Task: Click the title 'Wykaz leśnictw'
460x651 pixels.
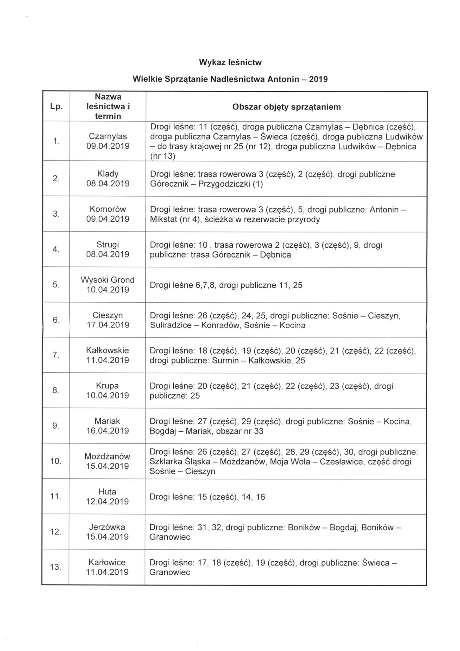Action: tap(230, 62)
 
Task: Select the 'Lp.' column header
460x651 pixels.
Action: tap(56, 107)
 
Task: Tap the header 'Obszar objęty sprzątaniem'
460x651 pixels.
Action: tap(287, 107)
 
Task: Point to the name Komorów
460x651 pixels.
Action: tap(108, 209)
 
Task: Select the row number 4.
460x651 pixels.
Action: tap(55, 249)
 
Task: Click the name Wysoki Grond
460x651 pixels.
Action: tap(108, 280)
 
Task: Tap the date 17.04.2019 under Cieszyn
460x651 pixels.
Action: tap(108, 325)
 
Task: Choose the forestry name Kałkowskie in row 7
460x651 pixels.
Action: tap(108, 350)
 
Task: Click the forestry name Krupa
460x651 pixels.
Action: tap(108, 386)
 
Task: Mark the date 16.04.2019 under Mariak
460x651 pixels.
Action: tap(108, 431)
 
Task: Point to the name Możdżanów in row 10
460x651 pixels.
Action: tap(108, 456)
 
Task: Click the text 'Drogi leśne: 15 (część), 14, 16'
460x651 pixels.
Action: tap(207, 497)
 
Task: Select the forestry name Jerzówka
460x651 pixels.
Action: tap(107, 527)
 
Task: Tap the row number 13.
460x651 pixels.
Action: tap(55, 567)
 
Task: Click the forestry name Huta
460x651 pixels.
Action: tap(107, 492)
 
